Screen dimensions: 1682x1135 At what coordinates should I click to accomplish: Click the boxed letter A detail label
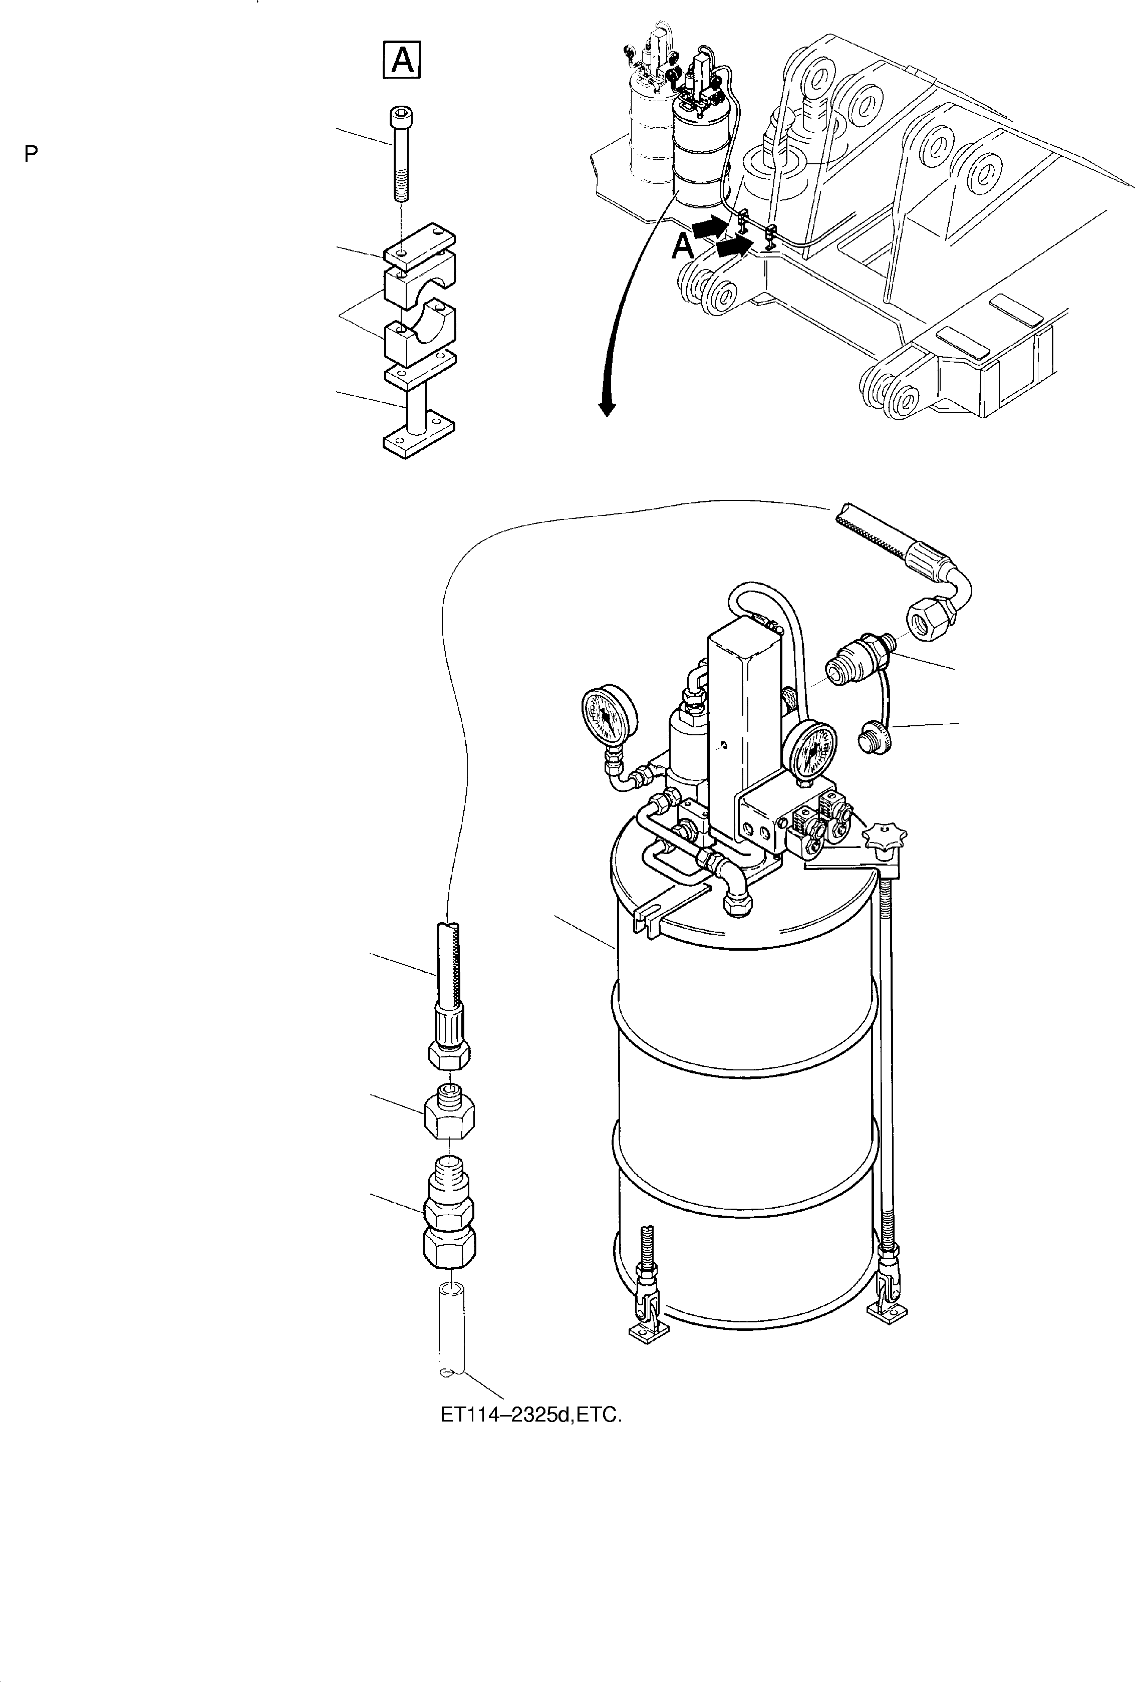402,60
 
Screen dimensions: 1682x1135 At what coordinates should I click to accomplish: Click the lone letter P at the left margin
31,153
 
